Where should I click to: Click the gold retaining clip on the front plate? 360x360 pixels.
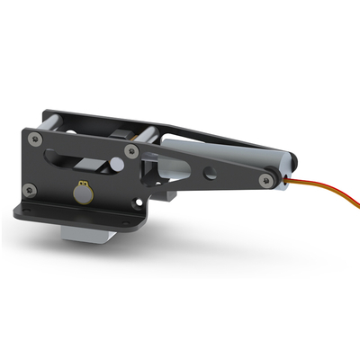pyautogui.click(x=83, y=193)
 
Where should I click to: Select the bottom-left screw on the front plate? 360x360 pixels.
pyautogui.click(x=30, y=189)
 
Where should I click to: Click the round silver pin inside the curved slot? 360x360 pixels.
pyautogui.click(x=115, y=166)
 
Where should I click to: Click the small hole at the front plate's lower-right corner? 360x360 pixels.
pyautogui.click(x=138, y=204)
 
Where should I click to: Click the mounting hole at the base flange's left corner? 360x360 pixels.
pyautogui.click(x=24, y=212)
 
